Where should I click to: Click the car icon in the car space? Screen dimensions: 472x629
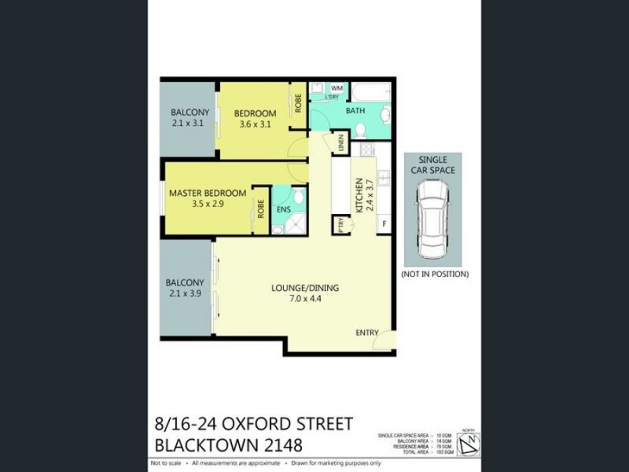click(433, 219)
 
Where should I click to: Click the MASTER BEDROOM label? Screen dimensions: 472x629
click(208, 193)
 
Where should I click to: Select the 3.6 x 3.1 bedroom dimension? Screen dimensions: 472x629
click(254, 124)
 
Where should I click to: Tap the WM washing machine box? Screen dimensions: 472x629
click(336, 88)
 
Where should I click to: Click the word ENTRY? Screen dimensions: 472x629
click(367, 333)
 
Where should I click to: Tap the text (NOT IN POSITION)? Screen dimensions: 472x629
click(434, 275)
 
